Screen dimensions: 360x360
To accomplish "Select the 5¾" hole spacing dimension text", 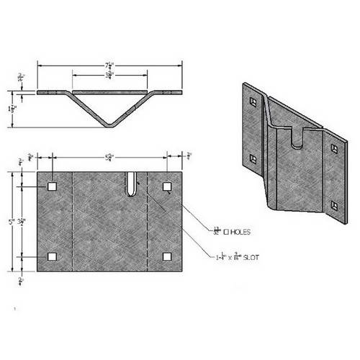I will pyautogui.click(x=109, y=157).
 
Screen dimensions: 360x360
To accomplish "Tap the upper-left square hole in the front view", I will pyautogui.click(x=52, y=186).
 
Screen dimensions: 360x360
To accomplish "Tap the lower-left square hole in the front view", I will pyautogui.click(x=52, y=256).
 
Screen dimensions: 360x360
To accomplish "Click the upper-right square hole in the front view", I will pyautogui.click(x=167, y=186).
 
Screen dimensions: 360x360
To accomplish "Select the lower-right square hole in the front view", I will pyautogui.click(x=167, y=256).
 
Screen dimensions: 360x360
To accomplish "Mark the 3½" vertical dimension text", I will pyautogui.click(x=24, y=221).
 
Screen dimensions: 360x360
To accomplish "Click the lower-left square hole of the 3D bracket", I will pyautogui.click(x=252, y=158).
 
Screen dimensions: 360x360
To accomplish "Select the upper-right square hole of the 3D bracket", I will pyautogui.click(x=334, y=148).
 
